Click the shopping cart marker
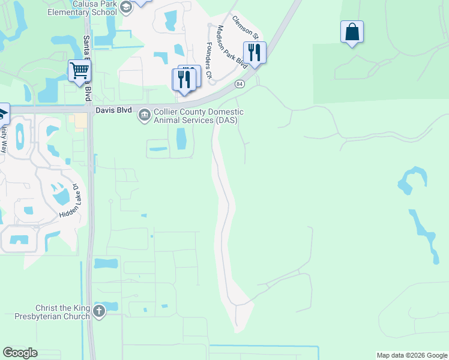click(79, 71)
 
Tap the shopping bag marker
click(352, 32)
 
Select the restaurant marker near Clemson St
click(255, 52)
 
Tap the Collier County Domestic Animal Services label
click(199, 116)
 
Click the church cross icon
click(99, 311)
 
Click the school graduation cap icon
click(126, 7)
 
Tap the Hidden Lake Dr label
click(70, 201)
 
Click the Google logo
click(20, 353)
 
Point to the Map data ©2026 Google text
click(411, 355)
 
